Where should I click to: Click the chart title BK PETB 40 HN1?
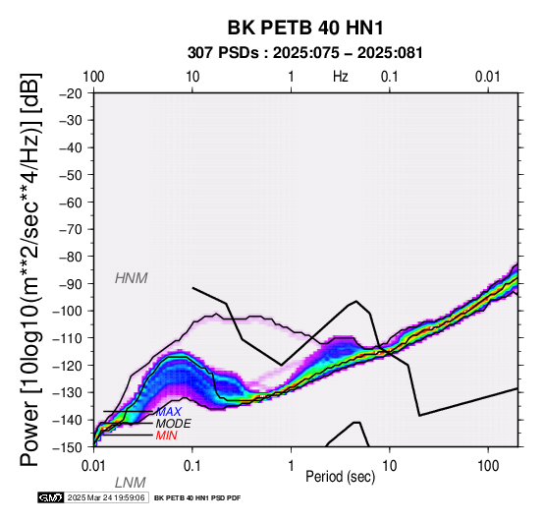tap(305, 28)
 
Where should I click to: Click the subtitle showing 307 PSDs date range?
tap(305, 53)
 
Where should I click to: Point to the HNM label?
tap(132, 278)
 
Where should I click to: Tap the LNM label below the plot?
tap(130, 483)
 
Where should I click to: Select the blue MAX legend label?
tap(168, 412)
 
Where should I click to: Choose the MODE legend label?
tap(173, 424)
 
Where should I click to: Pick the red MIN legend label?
tap(167, 436)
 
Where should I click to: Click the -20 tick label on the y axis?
tap(71, 93)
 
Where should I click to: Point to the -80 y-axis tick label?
tap(71, 257)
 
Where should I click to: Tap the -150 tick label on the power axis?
tap(68, 447)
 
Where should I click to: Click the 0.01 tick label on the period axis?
tap(93, 466)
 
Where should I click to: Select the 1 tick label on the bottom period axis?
tap(291, 466)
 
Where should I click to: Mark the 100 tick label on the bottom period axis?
tap(488, 466)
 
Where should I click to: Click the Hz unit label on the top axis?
tap(341, 77)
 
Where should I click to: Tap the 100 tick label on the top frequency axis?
tap(93, 77)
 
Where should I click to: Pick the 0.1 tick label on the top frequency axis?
tap(389, 77)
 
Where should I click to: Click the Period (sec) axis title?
tap(341, 477)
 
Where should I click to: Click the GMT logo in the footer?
tap(51, 497)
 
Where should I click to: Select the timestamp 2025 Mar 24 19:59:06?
tap(106, 497)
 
